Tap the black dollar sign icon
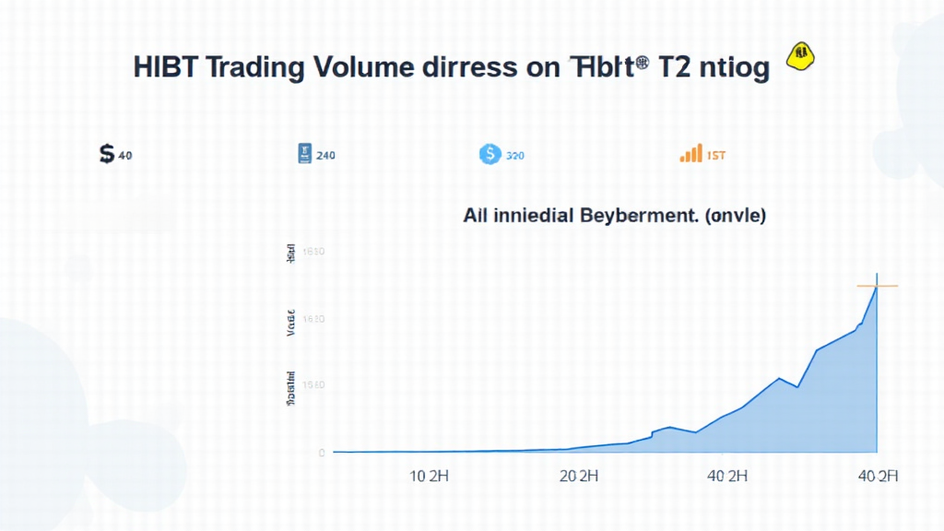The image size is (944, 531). click(106, 155)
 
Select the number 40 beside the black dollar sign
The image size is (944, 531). click(125, 156)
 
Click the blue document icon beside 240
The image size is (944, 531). click(302, 154)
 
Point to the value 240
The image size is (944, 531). click(325, 156)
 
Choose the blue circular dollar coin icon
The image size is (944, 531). click(490, 155)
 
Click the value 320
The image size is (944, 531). click(514, 156)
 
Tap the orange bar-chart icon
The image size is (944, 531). click(690, 155)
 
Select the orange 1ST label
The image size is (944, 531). click(715, 156)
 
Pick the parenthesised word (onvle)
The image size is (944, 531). click(732, 218)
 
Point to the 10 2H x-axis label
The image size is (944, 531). click(429, 477)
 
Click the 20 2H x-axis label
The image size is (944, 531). click(580, 477)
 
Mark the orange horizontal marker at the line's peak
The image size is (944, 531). click(877, 286)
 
